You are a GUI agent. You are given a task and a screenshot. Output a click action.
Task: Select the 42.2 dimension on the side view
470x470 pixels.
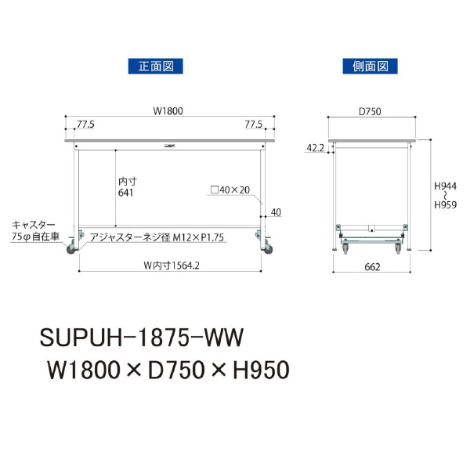click(316, 147)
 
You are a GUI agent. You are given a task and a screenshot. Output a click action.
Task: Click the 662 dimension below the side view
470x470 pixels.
click(372, 267)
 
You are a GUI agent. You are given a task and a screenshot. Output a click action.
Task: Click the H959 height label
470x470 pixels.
click(446, 205)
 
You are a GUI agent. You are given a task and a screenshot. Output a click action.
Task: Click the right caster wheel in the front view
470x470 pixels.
click(264, 248)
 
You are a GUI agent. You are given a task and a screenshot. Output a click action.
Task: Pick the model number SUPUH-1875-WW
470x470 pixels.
click(142, 337)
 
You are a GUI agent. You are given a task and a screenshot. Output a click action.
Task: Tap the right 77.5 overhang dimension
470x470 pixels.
click(252, 124)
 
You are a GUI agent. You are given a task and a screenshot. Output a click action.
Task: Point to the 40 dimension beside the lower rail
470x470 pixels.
click(275, 212)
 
